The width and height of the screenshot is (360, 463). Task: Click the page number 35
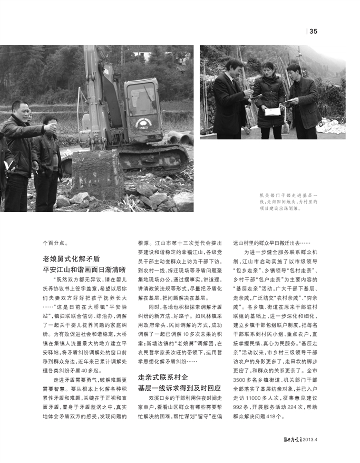[x=313, y=31]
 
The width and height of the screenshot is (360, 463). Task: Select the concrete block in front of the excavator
[x=97, y=174]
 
